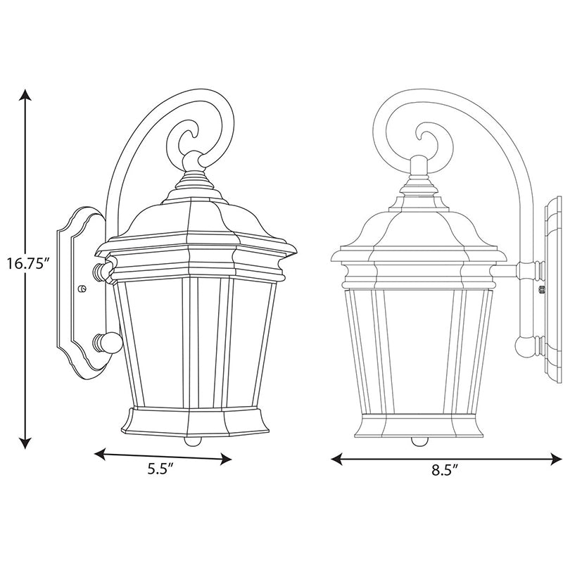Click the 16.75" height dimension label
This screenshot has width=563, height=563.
[x=28, y=264]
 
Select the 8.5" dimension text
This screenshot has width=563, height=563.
[x=445, y=470]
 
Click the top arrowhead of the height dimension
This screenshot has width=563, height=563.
[x=25, y=94]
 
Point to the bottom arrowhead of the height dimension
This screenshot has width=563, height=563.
[x=25, y=443]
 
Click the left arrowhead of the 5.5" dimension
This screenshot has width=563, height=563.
[x=100, y=454]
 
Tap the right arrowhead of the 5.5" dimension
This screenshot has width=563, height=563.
[x=226, y=459]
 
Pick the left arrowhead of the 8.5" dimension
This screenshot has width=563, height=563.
[x=336, y=459]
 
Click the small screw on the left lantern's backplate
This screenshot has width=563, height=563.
[x=83, y=289]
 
